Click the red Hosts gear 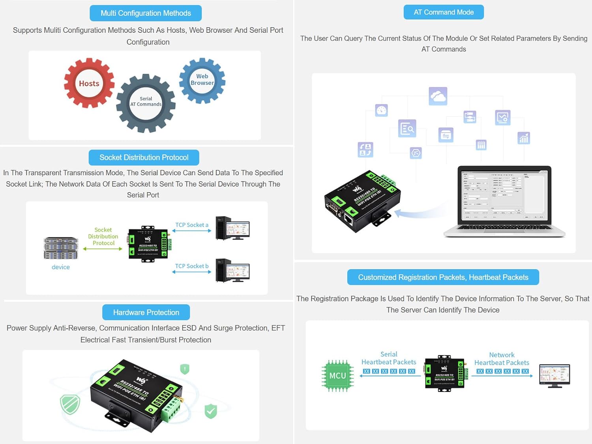point(89,83)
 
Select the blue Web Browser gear point(202,80)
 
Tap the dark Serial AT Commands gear point(146,103)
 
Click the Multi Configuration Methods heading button point(146,13)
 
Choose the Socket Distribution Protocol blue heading point(144,157)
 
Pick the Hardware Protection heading point(146,312)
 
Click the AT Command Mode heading point(444,12)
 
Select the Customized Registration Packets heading point(443,277)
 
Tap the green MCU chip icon point(337,376)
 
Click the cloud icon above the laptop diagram point(438,96)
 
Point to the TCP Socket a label point(192,225)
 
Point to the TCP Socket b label point(192,266)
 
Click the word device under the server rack point(61,267)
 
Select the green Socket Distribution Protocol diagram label point(103,236)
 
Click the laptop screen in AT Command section point(504,195)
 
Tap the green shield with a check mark point(211,411)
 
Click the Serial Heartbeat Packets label point(389,358)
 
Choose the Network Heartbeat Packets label point(502,359)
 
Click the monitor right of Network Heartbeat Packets point(555,375)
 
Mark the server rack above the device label point(61,248)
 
